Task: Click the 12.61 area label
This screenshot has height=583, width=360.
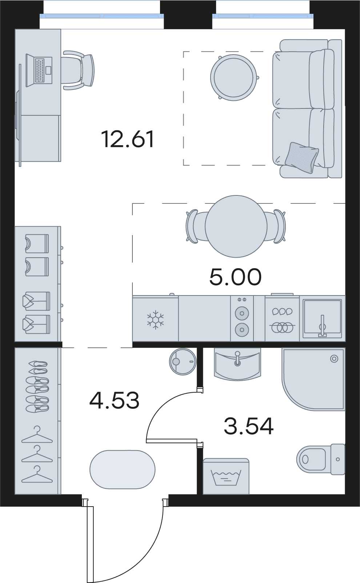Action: coord(128,139)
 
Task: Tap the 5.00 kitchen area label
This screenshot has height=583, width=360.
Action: coord(235,277)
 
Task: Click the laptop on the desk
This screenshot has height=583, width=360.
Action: coord(39,70)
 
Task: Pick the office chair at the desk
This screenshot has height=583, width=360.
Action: coord(78,70)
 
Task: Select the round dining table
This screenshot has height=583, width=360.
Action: coord(236,226)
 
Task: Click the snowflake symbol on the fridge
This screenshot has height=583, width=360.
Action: coord(156,320)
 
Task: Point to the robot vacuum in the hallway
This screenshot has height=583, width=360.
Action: coord(183,361)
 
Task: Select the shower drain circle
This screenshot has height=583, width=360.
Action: coord(334,359)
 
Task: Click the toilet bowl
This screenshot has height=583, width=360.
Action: coord(311,459)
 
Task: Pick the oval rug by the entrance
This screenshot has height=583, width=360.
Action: coord(122,469)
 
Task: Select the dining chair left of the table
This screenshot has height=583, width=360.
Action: coord(196,226)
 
